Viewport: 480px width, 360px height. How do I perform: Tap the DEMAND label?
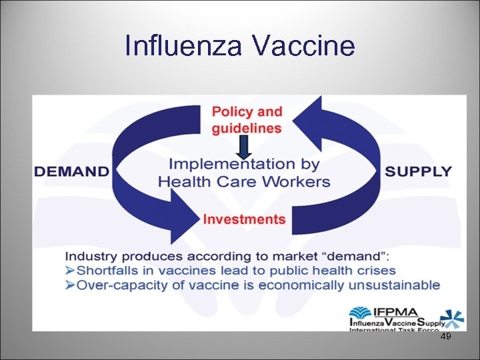coord(71,171)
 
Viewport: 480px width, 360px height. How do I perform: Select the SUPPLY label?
coord(418,171)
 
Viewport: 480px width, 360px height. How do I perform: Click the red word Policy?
coord(230,112)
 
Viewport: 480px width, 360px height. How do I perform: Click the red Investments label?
coord(244,219)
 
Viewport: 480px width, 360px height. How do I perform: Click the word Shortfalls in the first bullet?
coord(109,271)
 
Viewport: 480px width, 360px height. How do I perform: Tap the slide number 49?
coord(446,337)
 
